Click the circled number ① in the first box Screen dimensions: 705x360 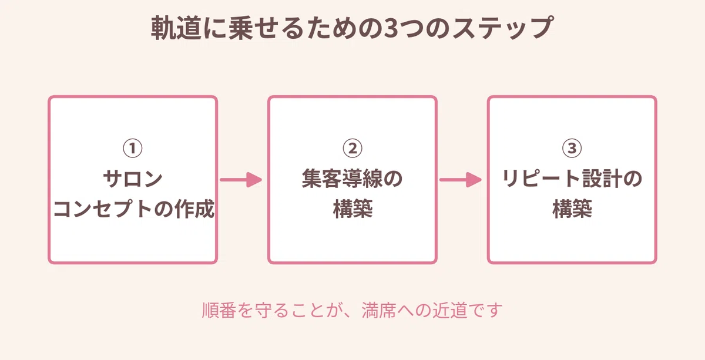click(133, 148)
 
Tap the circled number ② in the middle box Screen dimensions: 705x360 click(352, 148)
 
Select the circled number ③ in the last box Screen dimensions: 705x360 click(572, 148)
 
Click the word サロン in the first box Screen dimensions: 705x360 click(133, 179)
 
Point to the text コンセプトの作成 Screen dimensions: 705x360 click(134, 209)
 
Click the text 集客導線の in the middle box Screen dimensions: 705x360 click(352, 179)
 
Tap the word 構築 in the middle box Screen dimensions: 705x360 click(352, 209)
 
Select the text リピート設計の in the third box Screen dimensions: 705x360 click(572, 179)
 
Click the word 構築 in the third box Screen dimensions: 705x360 click(572, 209)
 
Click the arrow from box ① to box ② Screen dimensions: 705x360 click(241, 180)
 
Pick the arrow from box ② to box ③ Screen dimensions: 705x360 click(461, 180)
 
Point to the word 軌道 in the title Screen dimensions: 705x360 click(176, 28)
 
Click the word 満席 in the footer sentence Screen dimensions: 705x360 click(378, 310)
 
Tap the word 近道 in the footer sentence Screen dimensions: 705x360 click(449, 310)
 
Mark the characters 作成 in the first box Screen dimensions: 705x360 click(195, 209)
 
